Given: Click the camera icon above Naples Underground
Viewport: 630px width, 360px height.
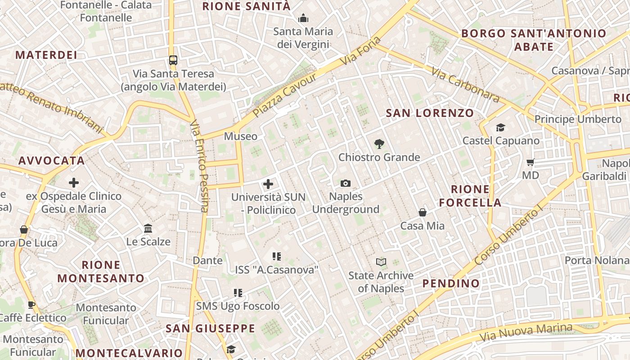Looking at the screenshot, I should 346,183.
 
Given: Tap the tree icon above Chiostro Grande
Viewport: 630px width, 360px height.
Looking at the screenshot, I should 379,144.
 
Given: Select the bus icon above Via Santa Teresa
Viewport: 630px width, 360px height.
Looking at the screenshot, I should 173,60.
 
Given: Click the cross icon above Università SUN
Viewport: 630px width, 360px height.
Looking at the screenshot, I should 268,184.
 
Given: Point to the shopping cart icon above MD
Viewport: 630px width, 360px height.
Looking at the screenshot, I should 531,162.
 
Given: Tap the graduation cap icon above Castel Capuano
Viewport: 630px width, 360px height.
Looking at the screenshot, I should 500,128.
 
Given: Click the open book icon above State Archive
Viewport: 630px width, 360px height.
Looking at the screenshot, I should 381,262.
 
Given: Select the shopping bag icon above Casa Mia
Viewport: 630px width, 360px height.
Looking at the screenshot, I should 423,212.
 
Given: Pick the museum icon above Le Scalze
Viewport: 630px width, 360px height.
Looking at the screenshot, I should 148,229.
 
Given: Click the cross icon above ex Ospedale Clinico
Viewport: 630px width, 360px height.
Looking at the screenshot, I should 74,183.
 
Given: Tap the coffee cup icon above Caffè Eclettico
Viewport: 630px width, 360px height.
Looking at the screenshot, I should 31,305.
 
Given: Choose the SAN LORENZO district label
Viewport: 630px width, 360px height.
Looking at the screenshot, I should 430,113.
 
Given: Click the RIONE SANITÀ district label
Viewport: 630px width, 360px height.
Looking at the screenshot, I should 247,6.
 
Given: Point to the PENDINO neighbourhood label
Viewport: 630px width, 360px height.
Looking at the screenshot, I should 451,283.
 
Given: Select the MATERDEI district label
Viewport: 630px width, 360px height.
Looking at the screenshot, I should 46,55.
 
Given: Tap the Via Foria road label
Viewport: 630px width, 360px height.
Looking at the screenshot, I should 360,51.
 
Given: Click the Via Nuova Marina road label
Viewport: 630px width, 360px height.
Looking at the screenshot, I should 525,332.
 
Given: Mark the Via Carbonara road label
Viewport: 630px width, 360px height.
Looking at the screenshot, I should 465,85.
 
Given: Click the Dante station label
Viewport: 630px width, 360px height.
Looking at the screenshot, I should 207,260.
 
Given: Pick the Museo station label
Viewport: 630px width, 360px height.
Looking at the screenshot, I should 241,136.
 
